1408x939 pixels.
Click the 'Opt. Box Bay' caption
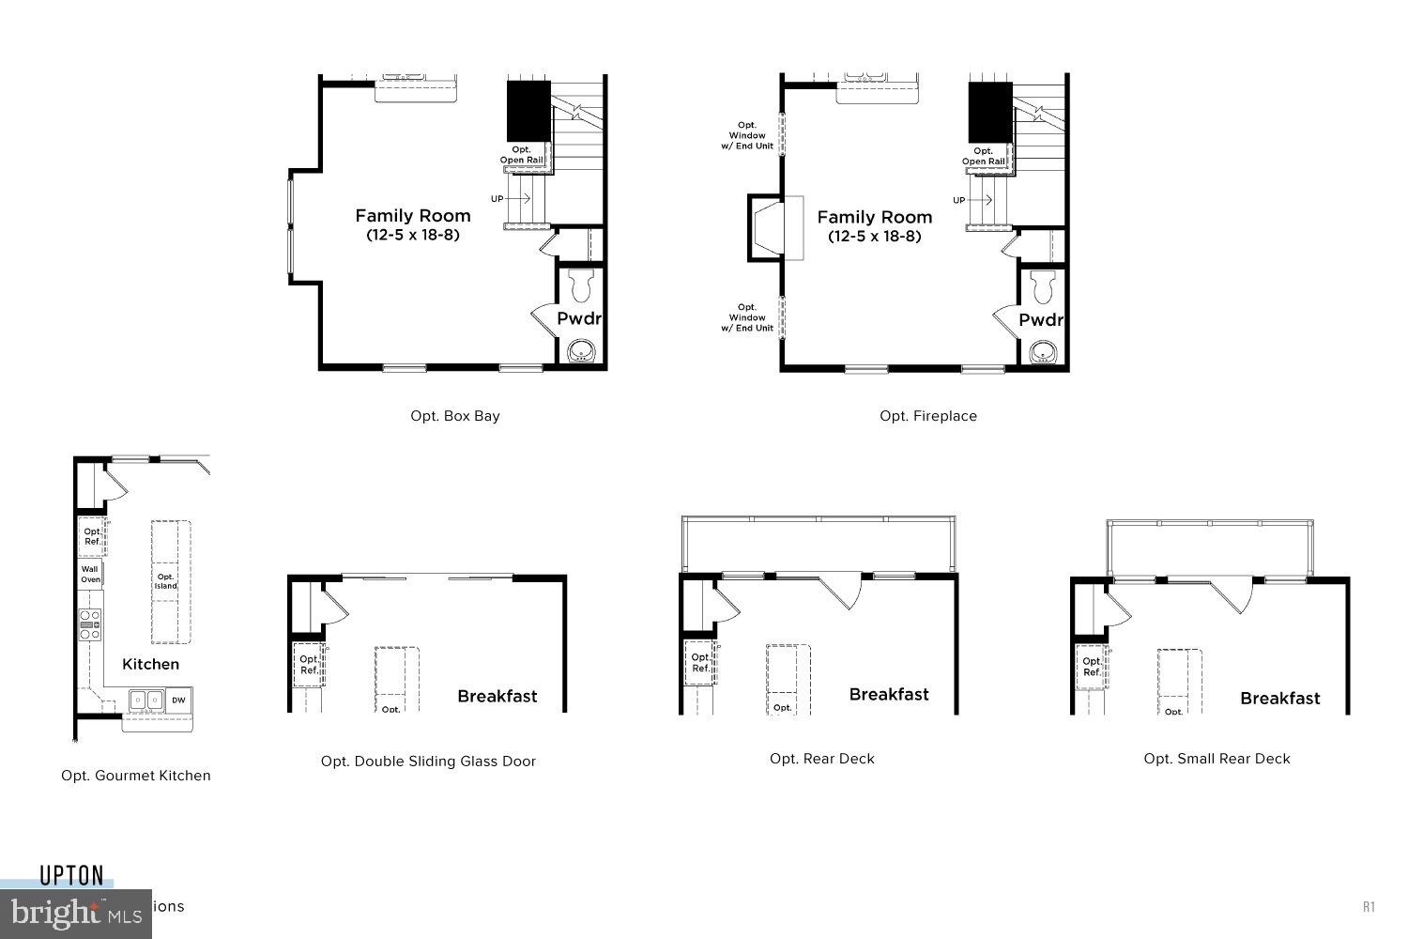coord(455,416)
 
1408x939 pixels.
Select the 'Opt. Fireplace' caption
coord(928,416)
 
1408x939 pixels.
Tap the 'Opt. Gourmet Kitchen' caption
coord(136,776)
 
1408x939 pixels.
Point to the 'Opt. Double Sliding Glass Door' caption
coord(428,762)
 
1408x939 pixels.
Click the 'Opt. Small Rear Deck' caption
coord(1217,759)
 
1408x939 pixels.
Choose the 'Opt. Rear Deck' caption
coord(822,759)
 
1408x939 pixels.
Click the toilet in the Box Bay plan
coord(582,282)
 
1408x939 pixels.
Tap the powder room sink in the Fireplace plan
coord(1043,353)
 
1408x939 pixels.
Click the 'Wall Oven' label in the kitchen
coord(90,574)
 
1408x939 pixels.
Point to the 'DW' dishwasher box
coord(178,700)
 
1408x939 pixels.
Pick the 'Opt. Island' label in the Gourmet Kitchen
coord(166,581)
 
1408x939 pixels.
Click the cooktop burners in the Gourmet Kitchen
coord(90,624)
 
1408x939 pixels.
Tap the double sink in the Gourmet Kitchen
coord(145,700)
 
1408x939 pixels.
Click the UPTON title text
coord(71,876)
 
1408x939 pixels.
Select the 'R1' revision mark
coord(1369,906)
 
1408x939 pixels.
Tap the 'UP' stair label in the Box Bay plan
coord(497,199)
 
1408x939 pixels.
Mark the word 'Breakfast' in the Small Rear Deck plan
coord(1279,699)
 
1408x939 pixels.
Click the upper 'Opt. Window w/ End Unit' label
coord(747,136)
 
